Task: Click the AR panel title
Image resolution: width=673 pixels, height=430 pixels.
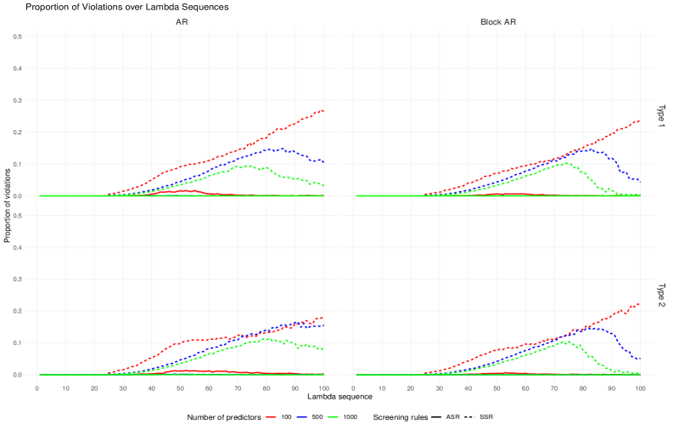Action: pos(182,22)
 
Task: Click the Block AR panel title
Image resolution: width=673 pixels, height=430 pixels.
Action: pos(497,22)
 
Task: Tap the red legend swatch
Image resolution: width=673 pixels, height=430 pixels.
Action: pos(271,417)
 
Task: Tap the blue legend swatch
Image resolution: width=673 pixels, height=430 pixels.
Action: pos(302,417)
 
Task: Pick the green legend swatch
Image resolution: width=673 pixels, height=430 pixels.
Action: pos(333,417)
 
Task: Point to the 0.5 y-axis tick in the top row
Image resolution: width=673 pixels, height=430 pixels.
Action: pos(18,37)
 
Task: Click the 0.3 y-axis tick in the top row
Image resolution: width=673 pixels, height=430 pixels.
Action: pos(18,100)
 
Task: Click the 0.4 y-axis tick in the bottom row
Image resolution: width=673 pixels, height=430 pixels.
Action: pos(18,247)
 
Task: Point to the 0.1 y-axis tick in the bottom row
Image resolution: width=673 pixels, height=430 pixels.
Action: pos(18,342)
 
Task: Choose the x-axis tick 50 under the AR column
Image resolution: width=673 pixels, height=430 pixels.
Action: pos(181,388)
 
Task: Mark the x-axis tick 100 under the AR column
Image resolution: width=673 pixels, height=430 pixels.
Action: pos(323,388)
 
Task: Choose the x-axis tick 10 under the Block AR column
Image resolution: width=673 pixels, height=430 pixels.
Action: pos(382,388)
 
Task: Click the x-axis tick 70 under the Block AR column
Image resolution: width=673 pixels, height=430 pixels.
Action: pos(554,388)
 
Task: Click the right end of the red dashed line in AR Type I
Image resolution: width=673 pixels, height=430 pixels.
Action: pos(323,110)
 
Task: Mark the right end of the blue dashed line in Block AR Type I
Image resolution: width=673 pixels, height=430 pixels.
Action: pos(639,180)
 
